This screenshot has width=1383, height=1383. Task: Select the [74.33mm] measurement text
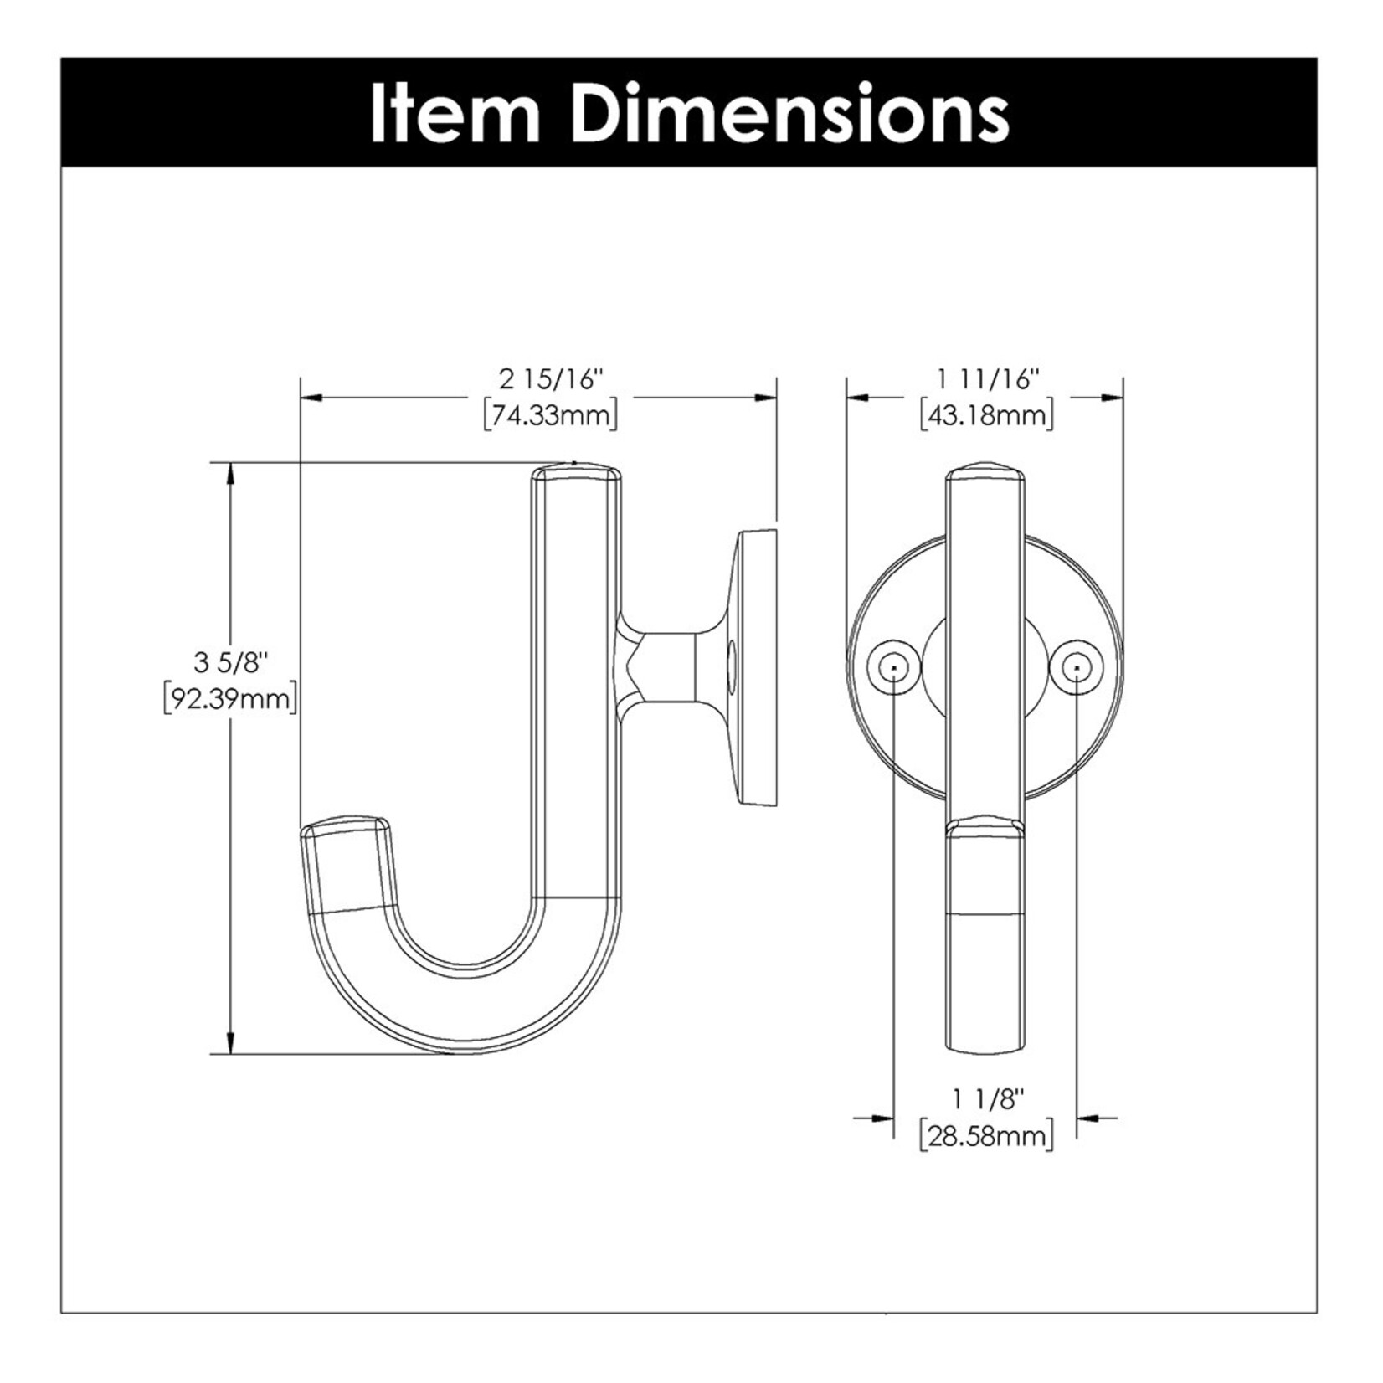pyautogui.click(x=551, y=415)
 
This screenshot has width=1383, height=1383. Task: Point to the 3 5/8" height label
pyautogui.click(x=230, y=663)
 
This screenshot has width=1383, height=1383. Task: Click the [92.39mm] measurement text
pyautogui.click(x=230, y=698)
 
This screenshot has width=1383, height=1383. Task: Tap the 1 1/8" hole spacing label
pyautogui.click(x=988, y=1100)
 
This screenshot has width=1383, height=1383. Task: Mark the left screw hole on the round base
pyautogui.click(x=894, y=667)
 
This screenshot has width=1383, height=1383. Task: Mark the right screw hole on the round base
pyautogui.click(x=1077, y=667)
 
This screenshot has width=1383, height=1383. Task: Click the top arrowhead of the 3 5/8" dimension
pyautogui.click(x=230, y=474)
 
